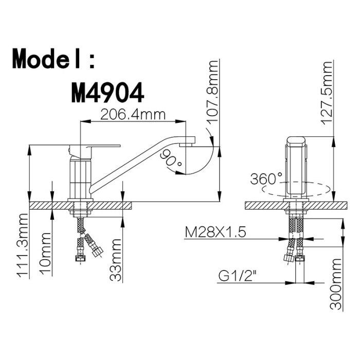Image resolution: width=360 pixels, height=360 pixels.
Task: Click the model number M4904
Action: point(107,93)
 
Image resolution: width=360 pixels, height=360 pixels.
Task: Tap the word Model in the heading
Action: point(46,59)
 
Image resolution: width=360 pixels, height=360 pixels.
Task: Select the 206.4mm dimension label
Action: point(133,115)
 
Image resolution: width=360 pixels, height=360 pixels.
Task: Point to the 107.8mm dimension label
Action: point(212,92)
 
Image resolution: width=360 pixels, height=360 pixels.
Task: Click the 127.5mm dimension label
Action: point(326,93)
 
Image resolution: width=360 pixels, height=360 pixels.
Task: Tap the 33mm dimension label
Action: point(115,260)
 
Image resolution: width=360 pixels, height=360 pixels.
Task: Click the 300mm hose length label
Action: point(335,284)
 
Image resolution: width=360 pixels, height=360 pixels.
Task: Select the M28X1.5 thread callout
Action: point(215,232)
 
